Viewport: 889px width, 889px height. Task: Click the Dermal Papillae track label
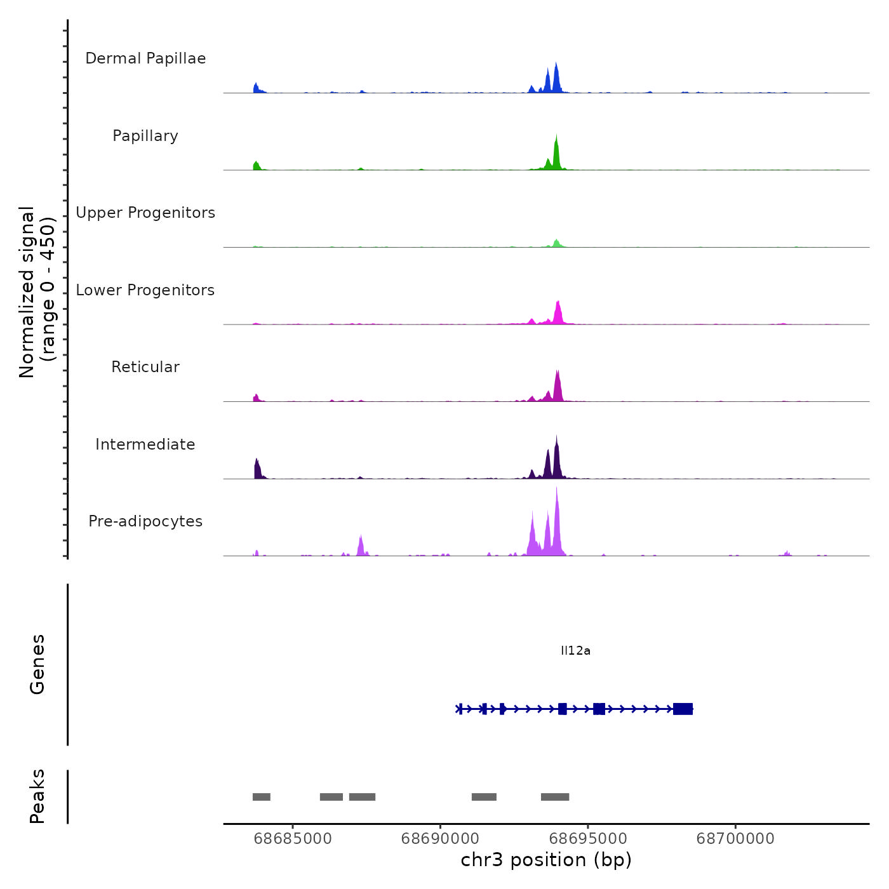click(x=145, y=58)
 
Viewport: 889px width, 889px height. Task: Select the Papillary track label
click(x=145, y=136)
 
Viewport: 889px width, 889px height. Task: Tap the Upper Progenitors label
click(x=145, y=213)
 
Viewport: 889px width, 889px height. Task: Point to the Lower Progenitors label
click(x=145, y=290)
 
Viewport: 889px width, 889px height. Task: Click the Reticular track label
click(x=145, y=367)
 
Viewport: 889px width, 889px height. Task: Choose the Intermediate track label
click(x=145, y=444)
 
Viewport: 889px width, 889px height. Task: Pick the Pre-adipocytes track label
click(x=145, y=521)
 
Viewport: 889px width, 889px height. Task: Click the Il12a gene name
click(x=575, y=651)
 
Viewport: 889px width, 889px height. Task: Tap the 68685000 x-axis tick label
click(x=293, y=839)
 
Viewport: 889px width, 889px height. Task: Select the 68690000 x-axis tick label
click(x=441, y=839)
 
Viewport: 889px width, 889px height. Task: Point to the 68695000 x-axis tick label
click(x=588, y=839)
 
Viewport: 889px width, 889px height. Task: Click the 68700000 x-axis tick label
click(x=735, y=839)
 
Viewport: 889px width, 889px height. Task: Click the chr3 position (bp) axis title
click(x=546, y=860)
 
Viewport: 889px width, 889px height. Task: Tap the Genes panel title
click(x=37, y=664)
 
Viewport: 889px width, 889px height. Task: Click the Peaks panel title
click(x=37, y=796)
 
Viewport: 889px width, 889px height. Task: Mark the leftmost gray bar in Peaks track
click(x=262, y=797)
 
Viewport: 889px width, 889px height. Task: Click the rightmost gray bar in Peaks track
click(x=555, y=797)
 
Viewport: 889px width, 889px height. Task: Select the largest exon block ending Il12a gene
click(x=683, y=709)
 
